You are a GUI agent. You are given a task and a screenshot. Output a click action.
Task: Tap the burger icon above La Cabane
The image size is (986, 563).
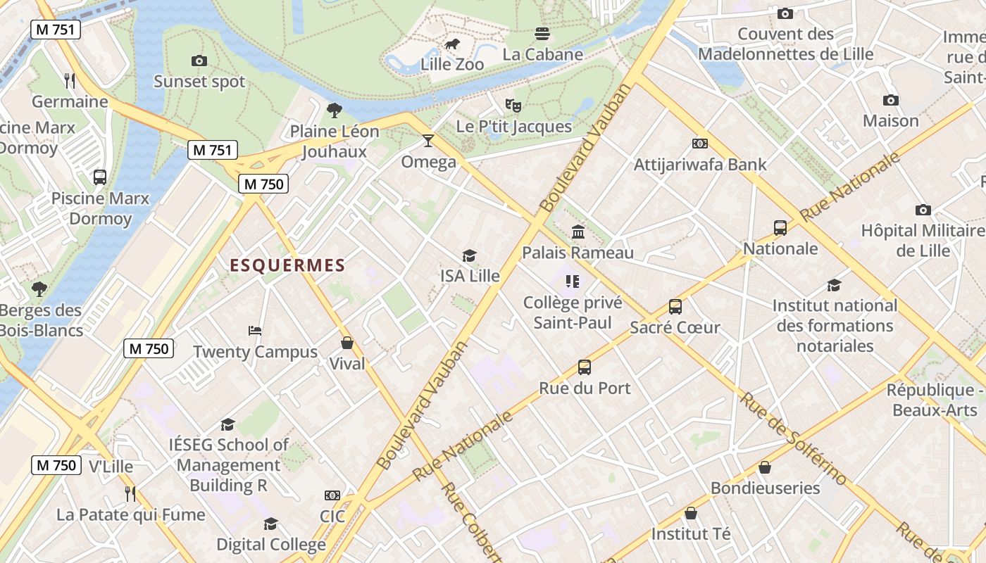(x=542, y=34)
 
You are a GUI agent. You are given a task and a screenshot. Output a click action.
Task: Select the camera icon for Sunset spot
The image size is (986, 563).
(x=199, y=61)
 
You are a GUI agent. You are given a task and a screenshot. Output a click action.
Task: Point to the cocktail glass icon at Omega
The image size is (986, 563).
(x=428, y=141)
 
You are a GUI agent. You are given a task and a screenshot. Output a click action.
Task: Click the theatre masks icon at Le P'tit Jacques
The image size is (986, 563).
(x=513, y=106)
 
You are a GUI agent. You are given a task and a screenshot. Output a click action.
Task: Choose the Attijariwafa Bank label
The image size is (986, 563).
(x=700, y=165)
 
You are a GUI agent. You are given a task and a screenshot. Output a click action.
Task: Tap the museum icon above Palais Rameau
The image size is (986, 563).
(x=578, y=232)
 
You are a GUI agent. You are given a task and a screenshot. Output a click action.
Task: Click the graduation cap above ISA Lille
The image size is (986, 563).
(x=469, y=255)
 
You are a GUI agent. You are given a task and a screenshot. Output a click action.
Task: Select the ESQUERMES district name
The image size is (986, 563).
(x=288, y=265)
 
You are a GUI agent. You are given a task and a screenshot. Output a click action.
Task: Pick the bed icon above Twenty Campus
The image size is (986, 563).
(x=255, y=331)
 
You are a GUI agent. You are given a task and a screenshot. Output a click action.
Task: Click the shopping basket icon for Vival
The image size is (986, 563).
(x=347, y=343)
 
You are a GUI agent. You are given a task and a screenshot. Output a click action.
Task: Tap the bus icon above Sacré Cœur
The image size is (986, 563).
(x=675, y=307)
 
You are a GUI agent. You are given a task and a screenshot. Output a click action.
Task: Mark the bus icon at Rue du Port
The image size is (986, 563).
(x=585, y=367)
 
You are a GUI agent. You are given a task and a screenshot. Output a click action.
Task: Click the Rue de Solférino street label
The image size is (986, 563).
(x=793, y=438)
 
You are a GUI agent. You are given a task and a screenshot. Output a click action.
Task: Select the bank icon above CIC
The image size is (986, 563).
(x=332, y=495)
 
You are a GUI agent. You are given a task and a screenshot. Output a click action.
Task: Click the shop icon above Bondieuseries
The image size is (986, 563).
(x=765, y=467)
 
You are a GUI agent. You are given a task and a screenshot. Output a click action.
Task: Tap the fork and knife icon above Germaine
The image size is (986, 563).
(x=70, y=81)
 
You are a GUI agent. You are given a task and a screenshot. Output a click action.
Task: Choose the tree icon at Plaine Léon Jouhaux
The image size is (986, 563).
(x=335, y=110)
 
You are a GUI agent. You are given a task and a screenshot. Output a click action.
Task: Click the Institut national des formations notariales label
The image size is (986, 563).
(x=835, y=325)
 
